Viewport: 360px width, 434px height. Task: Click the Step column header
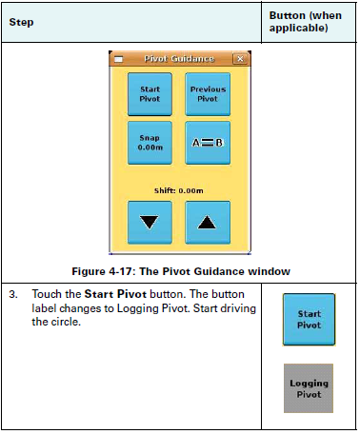point(20,22)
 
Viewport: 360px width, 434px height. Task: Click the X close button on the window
point(239,59)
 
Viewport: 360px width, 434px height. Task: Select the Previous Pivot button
point(208,94)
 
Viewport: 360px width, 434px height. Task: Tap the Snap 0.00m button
point(150,143)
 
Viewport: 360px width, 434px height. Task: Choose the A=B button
point(208,143)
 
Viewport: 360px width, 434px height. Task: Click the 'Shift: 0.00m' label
point(179,190)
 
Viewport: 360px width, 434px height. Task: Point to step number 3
point(13,295)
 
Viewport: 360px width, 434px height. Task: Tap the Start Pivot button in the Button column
point(309,319)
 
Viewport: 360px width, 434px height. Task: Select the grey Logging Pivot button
point(309,387)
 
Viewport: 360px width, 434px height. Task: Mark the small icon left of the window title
point(119,59)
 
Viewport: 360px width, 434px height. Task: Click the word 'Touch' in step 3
point(47,295)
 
